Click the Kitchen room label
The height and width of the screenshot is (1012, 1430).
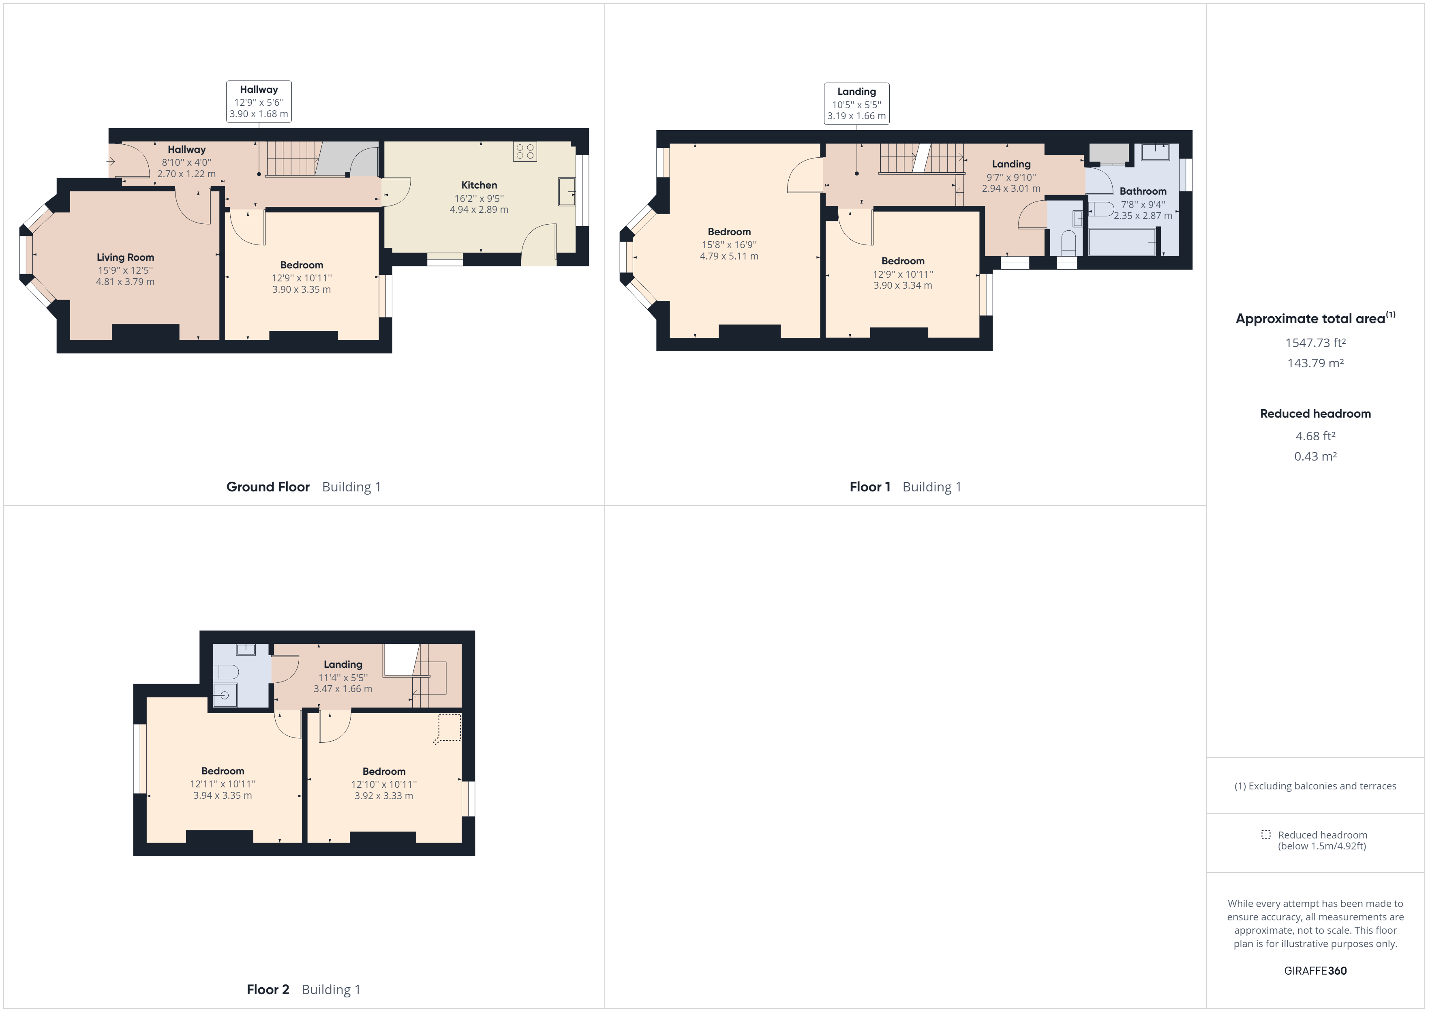[479, 185]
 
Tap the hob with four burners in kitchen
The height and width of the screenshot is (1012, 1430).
[524, 151]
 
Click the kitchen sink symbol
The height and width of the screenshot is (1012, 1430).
[566, 191]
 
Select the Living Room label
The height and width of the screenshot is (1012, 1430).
[125, 257]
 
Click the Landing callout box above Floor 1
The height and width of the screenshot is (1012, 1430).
[856, 103]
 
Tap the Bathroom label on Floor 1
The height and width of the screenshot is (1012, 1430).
[1143, 191]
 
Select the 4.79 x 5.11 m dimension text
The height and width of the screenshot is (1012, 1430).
[729, 256]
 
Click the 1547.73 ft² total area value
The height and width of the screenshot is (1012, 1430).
[1315, 343]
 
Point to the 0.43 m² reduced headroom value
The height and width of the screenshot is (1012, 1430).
[1315, 456]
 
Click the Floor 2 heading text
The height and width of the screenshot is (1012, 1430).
[268, 990]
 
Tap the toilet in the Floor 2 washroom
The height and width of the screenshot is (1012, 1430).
[225, 672]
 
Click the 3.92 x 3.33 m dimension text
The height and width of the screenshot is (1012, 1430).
[384, 796]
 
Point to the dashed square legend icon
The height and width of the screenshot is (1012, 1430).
[1265, 834]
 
